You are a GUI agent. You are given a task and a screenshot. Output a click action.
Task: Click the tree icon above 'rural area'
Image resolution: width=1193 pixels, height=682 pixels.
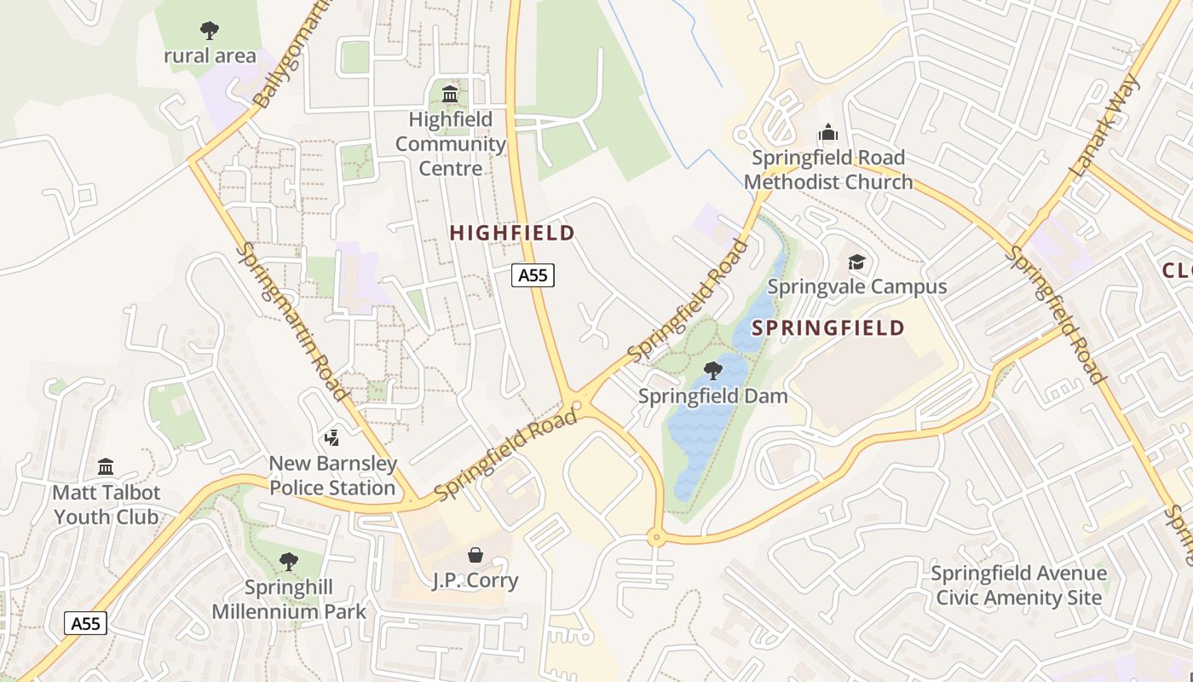[209, 32]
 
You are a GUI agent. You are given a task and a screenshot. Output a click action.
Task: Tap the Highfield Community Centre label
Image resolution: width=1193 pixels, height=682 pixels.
[450, 144]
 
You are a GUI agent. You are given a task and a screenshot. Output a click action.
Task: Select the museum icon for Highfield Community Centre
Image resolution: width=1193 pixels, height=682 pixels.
[450, 94]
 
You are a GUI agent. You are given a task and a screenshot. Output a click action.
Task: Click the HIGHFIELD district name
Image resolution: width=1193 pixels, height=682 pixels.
[512, 233]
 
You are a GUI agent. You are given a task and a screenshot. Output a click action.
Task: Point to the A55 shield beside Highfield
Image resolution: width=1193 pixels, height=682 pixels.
[533, 275]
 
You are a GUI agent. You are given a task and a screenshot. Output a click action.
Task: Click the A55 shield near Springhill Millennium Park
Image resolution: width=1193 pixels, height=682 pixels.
[86, 623]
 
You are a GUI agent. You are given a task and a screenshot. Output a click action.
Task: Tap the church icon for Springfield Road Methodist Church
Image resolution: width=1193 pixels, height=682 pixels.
[827, 133]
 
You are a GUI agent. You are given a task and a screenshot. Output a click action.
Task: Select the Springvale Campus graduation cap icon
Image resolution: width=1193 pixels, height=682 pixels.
[856, 262]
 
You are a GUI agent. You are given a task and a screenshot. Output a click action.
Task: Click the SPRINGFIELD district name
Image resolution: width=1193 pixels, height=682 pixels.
[827, 328]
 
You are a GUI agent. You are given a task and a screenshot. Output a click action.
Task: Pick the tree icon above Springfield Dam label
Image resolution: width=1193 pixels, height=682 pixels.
[712, 371]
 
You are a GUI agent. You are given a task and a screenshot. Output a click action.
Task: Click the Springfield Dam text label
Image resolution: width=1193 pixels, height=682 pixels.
[712, 396]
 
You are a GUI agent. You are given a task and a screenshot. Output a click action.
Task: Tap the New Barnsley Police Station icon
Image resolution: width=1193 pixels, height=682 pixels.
[332, 438]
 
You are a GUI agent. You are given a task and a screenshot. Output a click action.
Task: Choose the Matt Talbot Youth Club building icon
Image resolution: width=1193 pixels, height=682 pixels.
[106, 467]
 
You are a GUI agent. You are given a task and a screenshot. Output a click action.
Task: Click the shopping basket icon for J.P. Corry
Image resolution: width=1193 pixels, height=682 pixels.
[475, 555]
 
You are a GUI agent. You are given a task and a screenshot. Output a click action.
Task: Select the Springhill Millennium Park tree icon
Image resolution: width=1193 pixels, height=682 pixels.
[289, 562]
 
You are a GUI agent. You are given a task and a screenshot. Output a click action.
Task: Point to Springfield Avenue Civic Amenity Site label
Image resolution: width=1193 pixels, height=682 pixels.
[1018, 585]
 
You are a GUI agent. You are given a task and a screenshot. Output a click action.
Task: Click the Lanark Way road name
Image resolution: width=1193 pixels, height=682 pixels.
[1104, 127]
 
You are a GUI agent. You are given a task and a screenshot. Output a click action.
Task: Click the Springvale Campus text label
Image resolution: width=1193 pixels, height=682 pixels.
[856, 286]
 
